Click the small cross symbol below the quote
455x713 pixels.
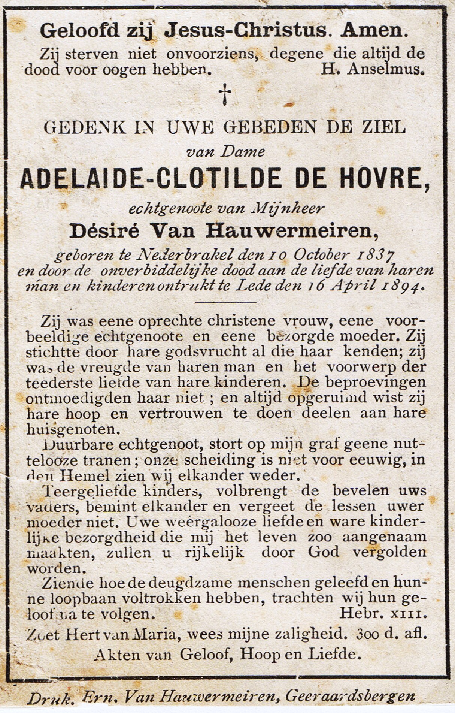pos(225,94)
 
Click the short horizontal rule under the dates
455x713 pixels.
pos(226,302)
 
